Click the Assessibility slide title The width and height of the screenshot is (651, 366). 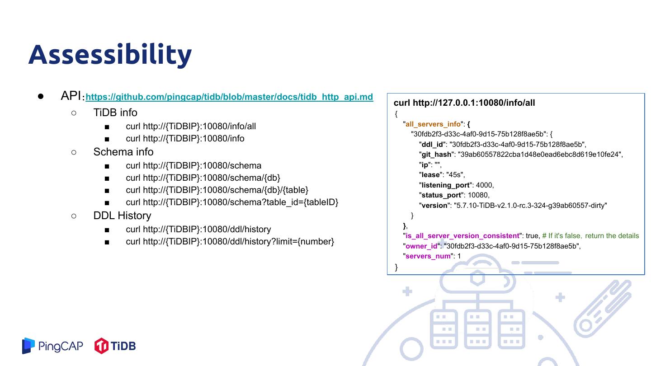110,54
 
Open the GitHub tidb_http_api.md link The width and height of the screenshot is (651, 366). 229,97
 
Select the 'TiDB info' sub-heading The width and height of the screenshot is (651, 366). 115,113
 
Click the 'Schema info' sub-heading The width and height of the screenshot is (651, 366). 123,152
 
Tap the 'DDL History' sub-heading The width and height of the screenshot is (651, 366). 122,216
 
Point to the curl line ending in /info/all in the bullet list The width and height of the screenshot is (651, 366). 191,127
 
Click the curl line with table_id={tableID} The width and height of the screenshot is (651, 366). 232,202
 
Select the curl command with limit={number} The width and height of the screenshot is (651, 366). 230,241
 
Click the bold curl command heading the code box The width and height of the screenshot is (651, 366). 464,103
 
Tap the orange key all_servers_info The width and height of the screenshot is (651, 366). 433,124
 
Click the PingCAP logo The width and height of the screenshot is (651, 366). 53,346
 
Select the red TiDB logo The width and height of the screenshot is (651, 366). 115,346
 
